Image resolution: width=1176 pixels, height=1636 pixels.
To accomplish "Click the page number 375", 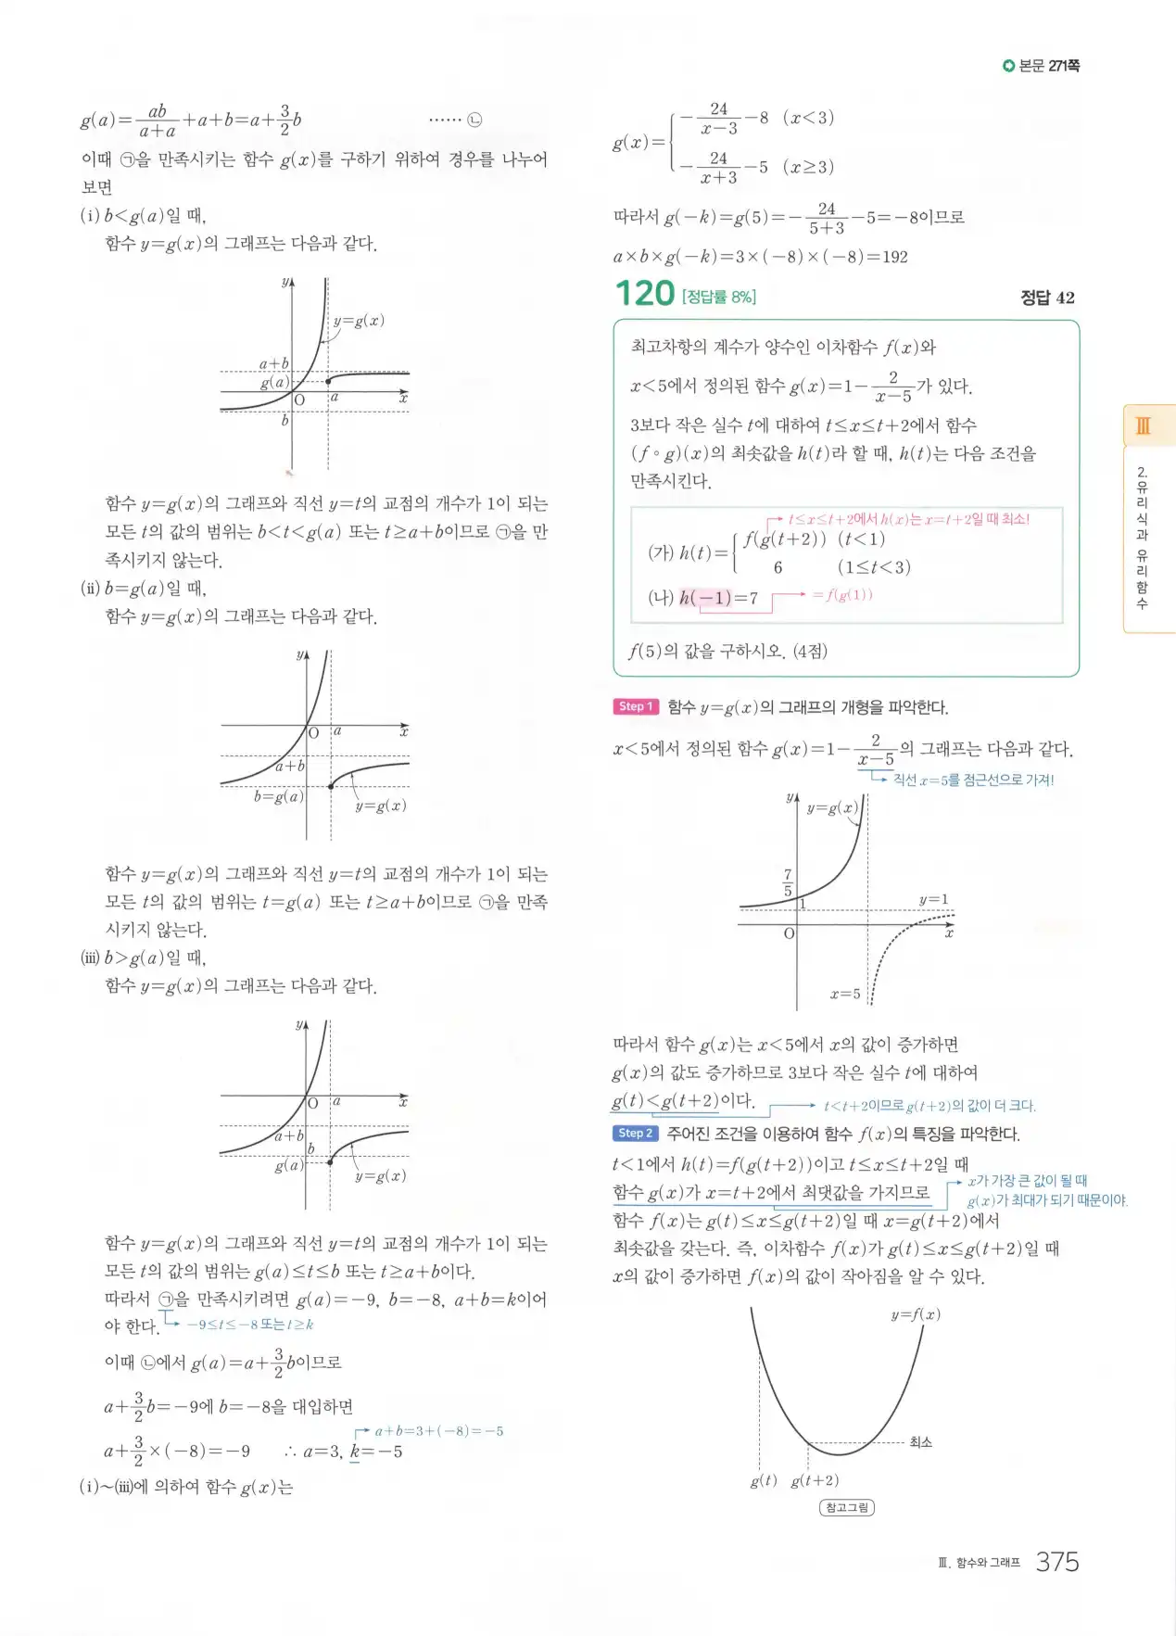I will [1056, 1562].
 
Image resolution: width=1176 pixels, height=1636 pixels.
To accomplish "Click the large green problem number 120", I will [645, 294].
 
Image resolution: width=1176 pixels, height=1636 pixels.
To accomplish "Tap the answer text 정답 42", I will [1047, 298].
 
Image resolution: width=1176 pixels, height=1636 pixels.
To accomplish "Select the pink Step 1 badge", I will [636, 706].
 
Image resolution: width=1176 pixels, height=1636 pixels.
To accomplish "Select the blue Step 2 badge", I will [636, 1133].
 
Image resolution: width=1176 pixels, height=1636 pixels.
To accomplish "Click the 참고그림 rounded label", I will [847, 1507].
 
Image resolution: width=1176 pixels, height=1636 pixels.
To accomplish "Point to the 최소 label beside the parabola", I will [920, 1441].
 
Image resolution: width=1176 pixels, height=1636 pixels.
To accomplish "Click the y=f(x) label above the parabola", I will [916, 1314].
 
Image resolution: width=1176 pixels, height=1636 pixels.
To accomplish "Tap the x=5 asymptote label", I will [845, 994].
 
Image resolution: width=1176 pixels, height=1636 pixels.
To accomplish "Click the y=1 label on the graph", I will [933, 899].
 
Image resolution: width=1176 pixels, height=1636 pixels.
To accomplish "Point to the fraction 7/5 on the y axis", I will [788, 882].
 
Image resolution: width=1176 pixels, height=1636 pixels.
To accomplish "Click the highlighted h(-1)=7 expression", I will [718, 598].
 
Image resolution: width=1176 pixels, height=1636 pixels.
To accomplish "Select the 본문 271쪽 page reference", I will [1042, 66].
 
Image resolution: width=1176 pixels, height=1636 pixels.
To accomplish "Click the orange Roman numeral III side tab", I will [1144, 425].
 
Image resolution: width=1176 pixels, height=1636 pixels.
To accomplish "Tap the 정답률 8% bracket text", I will [719, 297].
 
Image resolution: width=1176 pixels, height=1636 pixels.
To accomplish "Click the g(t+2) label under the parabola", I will [815, 1481].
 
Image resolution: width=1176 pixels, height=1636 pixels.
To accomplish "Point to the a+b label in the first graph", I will [273, 363].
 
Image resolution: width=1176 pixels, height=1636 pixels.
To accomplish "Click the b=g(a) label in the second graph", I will [278, 796].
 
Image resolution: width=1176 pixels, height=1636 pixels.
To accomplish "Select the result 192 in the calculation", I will [894, 257].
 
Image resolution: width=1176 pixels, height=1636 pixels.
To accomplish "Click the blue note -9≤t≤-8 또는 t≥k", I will [250, 1325].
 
